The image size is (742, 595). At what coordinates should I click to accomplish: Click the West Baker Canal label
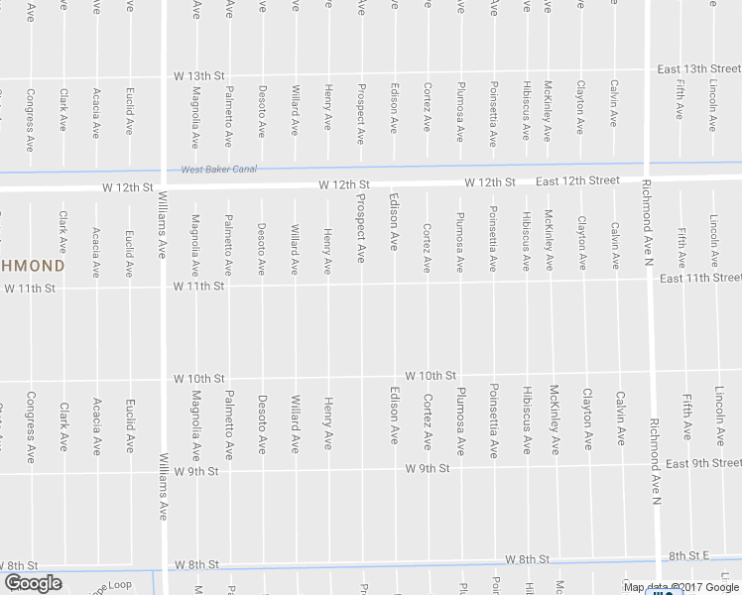click(218, 170)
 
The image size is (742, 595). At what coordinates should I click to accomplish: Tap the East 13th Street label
click(698, 68)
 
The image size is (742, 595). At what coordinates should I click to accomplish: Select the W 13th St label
click(199, 76)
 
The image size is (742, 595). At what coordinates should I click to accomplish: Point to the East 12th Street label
click(577, 180)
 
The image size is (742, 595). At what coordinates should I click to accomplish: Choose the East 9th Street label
click(703, 463)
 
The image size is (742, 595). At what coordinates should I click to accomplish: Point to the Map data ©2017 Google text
click(680, 587)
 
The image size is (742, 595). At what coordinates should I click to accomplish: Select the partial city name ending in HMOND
click(32, 266)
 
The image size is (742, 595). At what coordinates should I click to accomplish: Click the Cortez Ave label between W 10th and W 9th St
click(428, 422)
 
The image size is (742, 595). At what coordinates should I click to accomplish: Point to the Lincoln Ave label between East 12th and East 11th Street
click(714, 240)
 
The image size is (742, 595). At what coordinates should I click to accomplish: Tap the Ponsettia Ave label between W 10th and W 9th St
click(493, 419)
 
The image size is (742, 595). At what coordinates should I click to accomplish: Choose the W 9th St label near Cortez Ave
click(428, 467)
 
